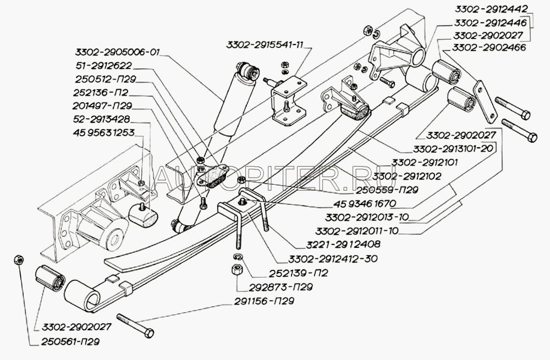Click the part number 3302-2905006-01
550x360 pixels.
coord(117,53)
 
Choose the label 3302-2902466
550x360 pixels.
coord(490,48)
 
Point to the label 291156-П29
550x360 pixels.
coord(263,301)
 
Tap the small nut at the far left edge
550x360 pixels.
coord(18,259)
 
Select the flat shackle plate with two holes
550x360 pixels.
coord(485,101)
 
